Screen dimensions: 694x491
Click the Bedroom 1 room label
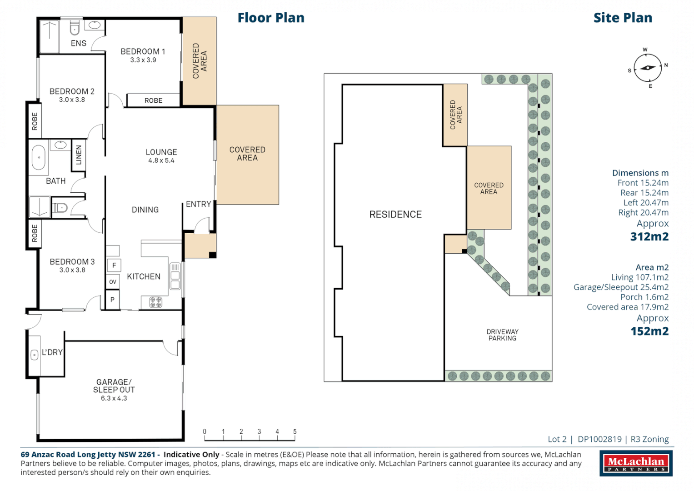pyautogui.click(x=143, y=51)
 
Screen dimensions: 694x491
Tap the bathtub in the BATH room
pyautogui.click(x=39, y=157)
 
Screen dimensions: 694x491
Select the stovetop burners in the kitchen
pyautogui.click(x=155, y=302)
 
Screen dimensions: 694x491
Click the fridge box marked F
pyautogui.click(x=114, y=266)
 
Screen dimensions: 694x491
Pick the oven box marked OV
pyautogui.click(x=112, y=282)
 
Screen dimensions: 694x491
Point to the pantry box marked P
pyautogui.click(x=112, y=300)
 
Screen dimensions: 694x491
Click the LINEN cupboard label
pyautogui.click(x=79, y=155)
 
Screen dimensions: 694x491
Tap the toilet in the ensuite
pyautogui.click(x=75, y=28)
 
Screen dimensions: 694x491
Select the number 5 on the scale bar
pyautogui.click(x=295, y=431)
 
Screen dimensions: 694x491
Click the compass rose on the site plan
pyautogui.click(x=648, y=68)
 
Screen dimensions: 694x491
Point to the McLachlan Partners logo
pyautogui.click(x=636, y=463)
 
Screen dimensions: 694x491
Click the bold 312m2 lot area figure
pyautogui.click(x=649, y=236)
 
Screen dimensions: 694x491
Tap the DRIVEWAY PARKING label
pyautogui.click(x=502, y=335)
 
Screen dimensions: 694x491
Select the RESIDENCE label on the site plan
pyautogui.click(x=396, y=214)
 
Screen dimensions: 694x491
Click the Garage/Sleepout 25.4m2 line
pyautogui.click(x=621, y=287)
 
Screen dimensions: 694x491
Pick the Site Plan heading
pyautogui.click(x=623, y=18)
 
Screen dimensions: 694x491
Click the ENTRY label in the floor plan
pyautogui.click(x=198, y=204)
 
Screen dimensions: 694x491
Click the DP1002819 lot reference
pyautogui.click(x=599, y=439)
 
